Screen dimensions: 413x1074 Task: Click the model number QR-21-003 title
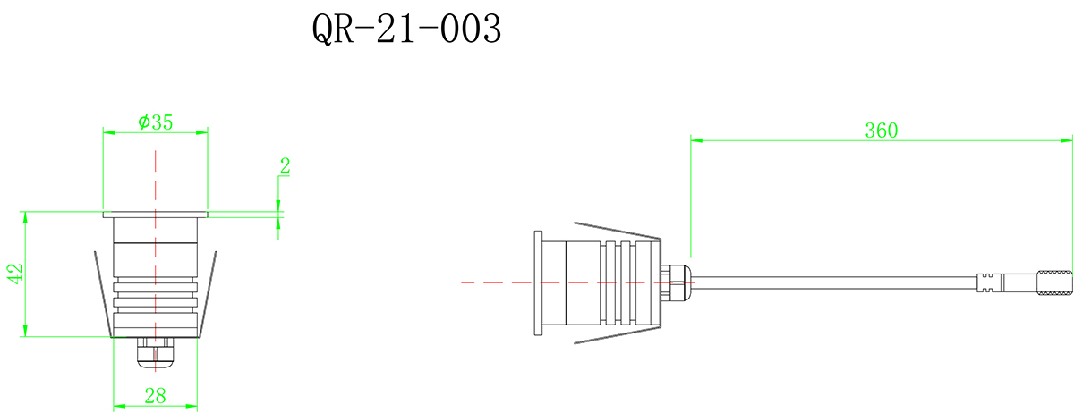point(405,30)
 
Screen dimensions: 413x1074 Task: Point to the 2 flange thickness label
point(286,165)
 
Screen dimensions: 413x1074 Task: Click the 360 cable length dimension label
point(881,130)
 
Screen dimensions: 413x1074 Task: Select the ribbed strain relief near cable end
point(988,282)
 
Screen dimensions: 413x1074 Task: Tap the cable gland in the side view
point(677,282)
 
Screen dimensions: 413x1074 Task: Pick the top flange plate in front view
point(155,215)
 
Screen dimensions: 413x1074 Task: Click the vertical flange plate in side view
point(537,282)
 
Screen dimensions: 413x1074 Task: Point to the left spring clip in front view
point(102,295)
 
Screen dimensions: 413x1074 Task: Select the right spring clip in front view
point(208,295)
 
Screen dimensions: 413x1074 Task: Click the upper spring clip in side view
point(618,230)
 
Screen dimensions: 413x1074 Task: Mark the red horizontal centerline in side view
point(492,282)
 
